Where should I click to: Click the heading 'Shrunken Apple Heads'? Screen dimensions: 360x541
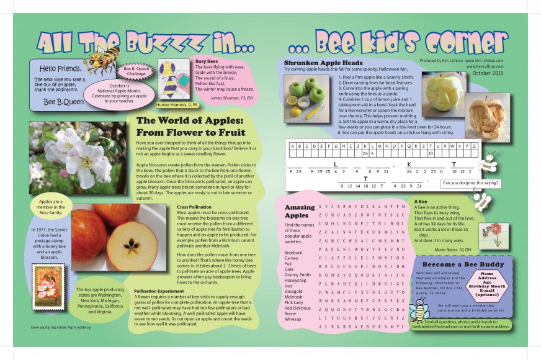click(323, 63)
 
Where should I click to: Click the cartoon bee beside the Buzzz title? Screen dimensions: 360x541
click(101, 59)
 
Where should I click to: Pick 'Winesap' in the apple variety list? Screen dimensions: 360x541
click(293, 319)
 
